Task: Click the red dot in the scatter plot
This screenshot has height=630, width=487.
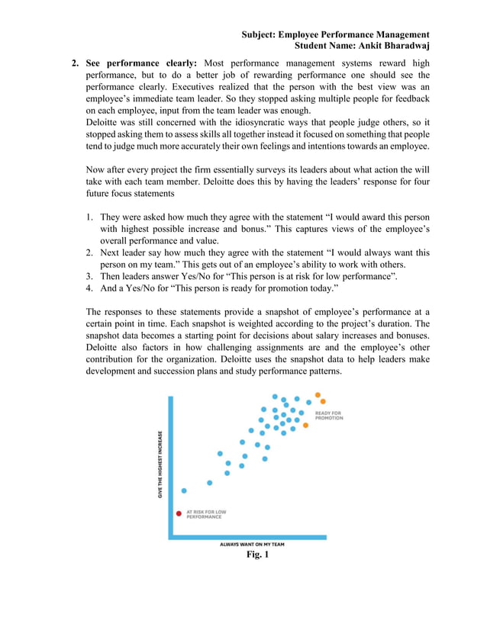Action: tap(179, 513)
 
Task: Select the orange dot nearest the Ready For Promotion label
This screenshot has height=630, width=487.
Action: tap(305, 425)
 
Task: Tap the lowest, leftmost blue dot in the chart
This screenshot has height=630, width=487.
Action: tap(184, 490)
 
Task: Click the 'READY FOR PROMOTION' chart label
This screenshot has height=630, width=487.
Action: tap(329, 416)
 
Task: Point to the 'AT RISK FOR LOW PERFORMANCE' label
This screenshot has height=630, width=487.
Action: tap(205, 514)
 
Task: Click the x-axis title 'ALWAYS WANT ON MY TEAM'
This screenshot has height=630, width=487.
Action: tap(252, 545)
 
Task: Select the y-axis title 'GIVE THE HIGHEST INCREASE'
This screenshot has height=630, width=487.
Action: tap(160, 464)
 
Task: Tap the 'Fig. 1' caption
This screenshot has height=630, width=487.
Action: tap(257, 554)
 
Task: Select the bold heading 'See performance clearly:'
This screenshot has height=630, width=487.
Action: tap(141, 63)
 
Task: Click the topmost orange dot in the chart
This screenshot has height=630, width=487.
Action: tap(317, 395)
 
